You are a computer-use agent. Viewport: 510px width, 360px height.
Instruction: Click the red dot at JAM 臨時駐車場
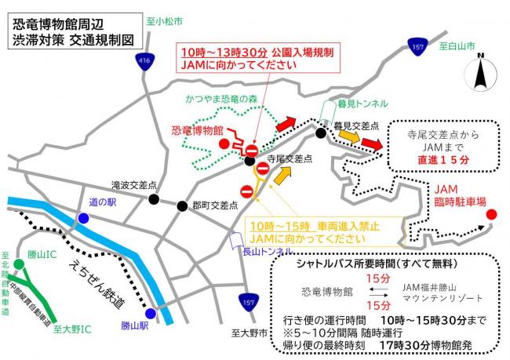tap(491, 214)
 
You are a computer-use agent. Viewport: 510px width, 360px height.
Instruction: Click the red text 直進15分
tap(445, 159)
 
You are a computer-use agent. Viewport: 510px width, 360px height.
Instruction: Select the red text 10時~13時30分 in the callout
tap(224, 51)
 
